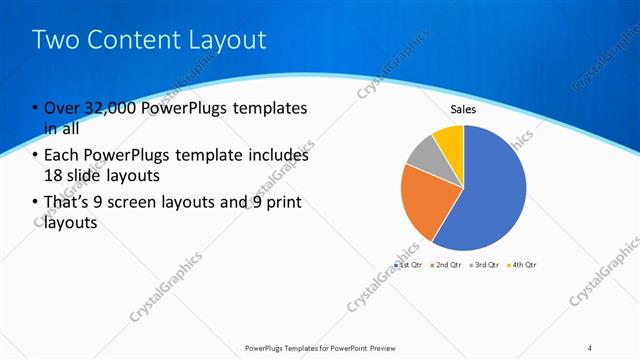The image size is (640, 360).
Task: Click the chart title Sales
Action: [463, 109]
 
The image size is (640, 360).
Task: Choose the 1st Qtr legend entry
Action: [410, 265]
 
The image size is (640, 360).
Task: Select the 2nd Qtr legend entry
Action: [447, 265]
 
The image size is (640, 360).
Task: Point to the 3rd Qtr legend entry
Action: [485, 265]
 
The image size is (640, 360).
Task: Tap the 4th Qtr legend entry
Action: [523, 265]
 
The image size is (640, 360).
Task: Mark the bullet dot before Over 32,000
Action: [35, 108]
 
